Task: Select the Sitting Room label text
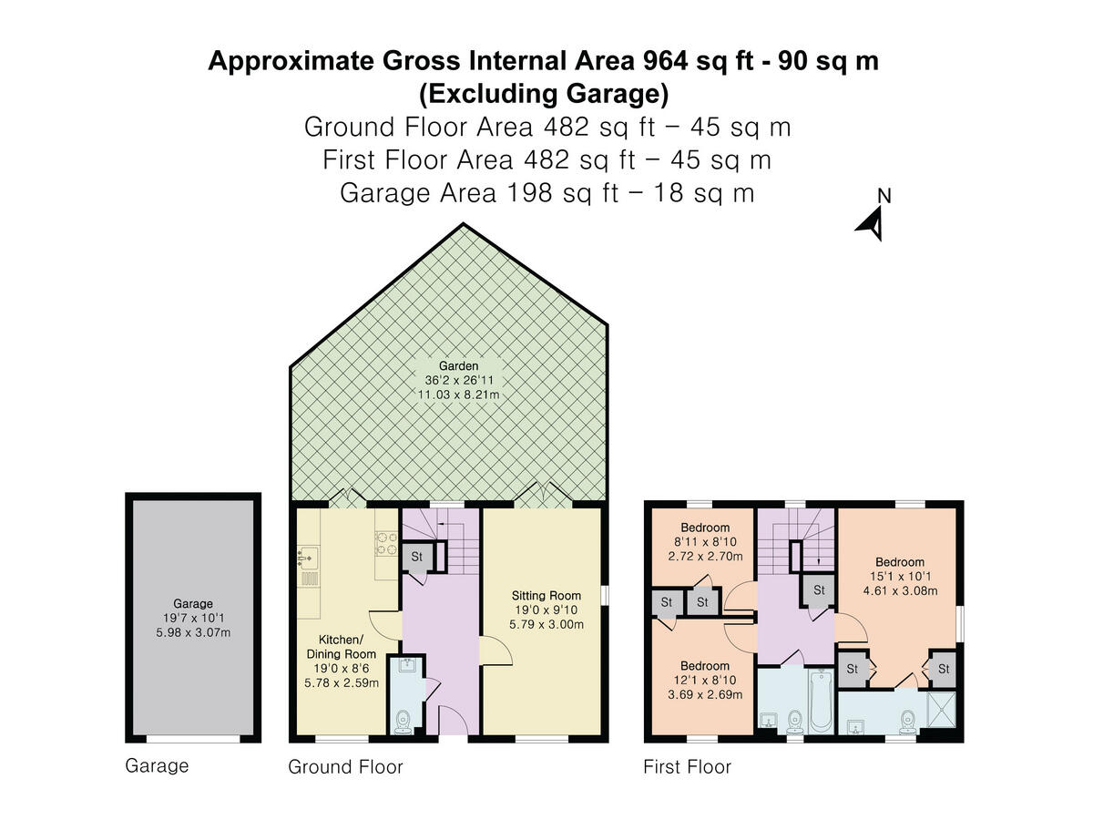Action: [546, 596]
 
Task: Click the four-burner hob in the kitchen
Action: [386, 544]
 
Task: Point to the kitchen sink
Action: [308, 556]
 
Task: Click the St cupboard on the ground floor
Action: [417, 557]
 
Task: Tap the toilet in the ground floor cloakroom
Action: [403, 723]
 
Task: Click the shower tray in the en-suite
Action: [941, 710]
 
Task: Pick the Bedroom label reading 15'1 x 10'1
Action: [900, 577]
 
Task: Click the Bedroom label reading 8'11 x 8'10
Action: [705, 542]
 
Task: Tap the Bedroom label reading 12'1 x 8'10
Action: [705, 680]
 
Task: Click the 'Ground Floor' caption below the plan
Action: [345, 767]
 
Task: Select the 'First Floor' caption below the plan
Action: [687, 767]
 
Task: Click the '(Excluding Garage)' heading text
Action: [544, 95]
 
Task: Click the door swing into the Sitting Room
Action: [496, 651]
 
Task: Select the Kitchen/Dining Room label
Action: [341, 647]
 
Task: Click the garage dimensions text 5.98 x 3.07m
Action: [193, 633]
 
